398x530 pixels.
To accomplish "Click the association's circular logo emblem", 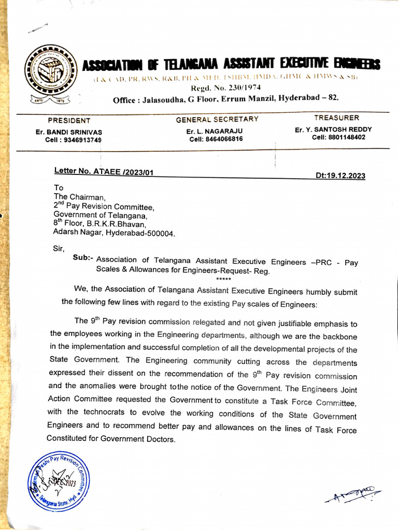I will point(51,72).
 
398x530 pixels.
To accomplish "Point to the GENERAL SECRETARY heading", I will point(217,120).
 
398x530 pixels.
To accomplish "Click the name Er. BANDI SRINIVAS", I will point(69,132).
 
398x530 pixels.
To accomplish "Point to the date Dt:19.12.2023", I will point(340,175).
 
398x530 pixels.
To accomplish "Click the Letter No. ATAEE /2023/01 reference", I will point(104,172).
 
